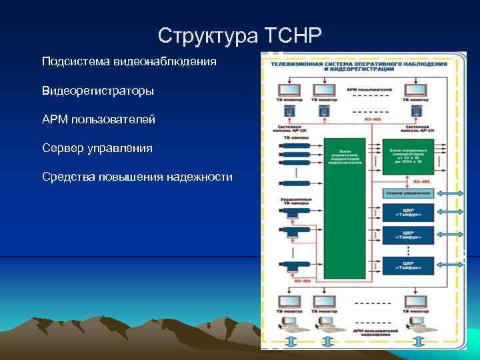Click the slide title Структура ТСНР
[240, 34]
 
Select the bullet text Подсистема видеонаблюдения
[129, 61]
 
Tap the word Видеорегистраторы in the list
[97, 90]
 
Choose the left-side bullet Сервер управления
[97, 147]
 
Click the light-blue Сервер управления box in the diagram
[407, 193]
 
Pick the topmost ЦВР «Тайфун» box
[407, 212]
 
